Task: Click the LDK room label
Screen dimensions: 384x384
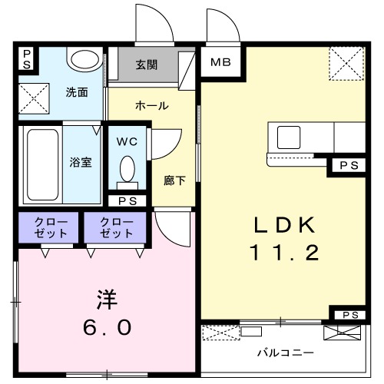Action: click(284, 224)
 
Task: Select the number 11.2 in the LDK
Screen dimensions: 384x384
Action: click(283, 252)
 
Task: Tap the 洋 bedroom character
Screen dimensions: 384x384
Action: click(107, 298)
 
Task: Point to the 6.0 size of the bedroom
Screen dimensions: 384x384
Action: click(107, 326)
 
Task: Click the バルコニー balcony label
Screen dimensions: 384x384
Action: click(284, 353)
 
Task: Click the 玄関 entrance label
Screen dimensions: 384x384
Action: click(147, 65)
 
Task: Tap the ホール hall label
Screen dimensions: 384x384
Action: click(151, 105)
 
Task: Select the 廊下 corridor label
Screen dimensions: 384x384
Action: click(174, 181)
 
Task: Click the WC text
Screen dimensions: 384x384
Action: click(127, 142)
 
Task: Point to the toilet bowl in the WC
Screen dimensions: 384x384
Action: click(127, 169)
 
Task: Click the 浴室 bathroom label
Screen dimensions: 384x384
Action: click(81, 164)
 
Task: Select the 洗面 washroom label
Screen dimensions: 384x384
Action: click(76, 92)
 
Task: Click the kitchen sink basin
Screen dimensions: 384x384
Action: click(290, 137)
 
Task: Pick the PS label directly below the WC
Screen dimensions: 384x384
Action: click(127, 200)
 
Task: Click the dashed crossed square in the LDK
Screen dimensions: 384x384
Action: click(346, 63)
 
